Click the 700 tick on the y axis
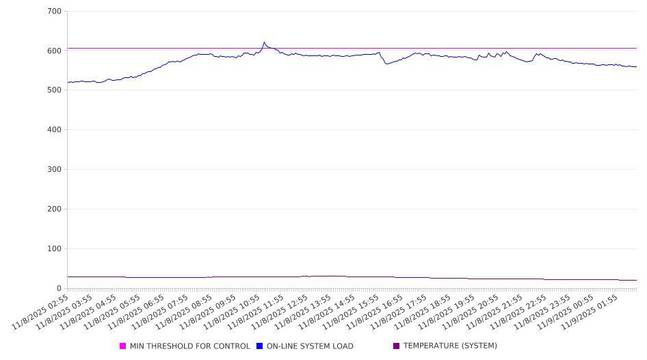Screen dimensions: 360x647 coord(55,12)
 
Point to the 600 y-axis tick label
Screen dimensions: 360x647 coord(55,51)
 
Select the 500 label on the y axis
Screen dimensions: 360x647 coord(55,90)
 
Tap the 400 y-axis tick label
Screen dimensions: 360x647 coord(55,130)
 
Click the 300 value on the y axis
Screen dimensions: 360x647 coord(55,170)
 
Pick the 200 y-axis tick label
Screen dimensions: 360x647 coord(55,209)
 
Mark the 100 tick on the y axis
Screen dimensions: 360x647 coord(55,249)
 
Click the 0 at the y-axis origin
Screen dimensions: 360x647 coord(60,289)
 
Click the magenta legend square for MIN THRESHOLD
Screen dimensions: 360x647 coord(123,346)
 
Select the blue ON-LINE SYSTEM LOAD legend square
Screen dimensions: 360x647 coord(260,346)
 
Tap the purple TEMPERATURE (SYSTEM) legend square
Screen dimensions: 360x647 coord(396,346)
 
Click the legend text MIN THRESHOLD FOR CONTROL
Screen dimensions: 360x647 coord(189,346)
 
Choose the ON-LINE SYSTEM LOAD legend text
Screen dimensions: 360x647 coord(310,346)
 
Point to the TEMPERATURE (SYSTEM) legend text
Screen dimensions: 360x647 coord(450,346)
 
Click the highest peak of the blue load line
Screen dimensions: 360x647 coord(264,42)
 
